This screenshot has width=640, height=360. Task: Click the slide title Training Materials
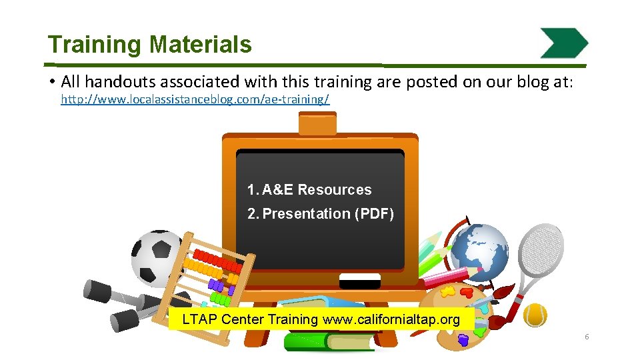pyautogui.click(x=149, y=45)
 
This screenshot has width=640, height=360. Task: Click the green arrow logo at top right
pyautogui.click(x=564, y=43)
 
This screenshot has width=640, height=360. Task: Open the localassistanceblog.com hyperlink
pyautogui.click(x=195, y=99)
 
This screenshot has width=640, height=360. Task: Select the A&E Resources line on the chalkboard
pyautogui.click(x=309, y=190)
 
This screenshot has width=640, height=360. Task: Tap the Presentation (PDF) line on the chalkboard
pyautogui.click(x=321, y=214)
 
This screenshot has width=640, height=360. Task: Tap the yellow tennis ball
pyautogui.click(x=535, y=315)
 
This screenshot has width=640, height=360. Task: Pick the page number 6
pyautogui.click(x=587, y=337)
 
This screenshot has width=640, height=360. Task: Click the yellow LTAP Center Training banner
pyautogui.click(x=321, y=319)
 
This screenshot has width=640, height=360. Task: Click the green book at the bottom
pyautogui.click(x=327, y=341)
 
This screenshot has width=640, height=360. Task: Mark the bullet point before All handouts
pyautogui.click(x=51, y=82)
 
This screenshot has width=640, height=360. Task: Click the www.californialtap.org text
pyautogui.click(x=391, y=319)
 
